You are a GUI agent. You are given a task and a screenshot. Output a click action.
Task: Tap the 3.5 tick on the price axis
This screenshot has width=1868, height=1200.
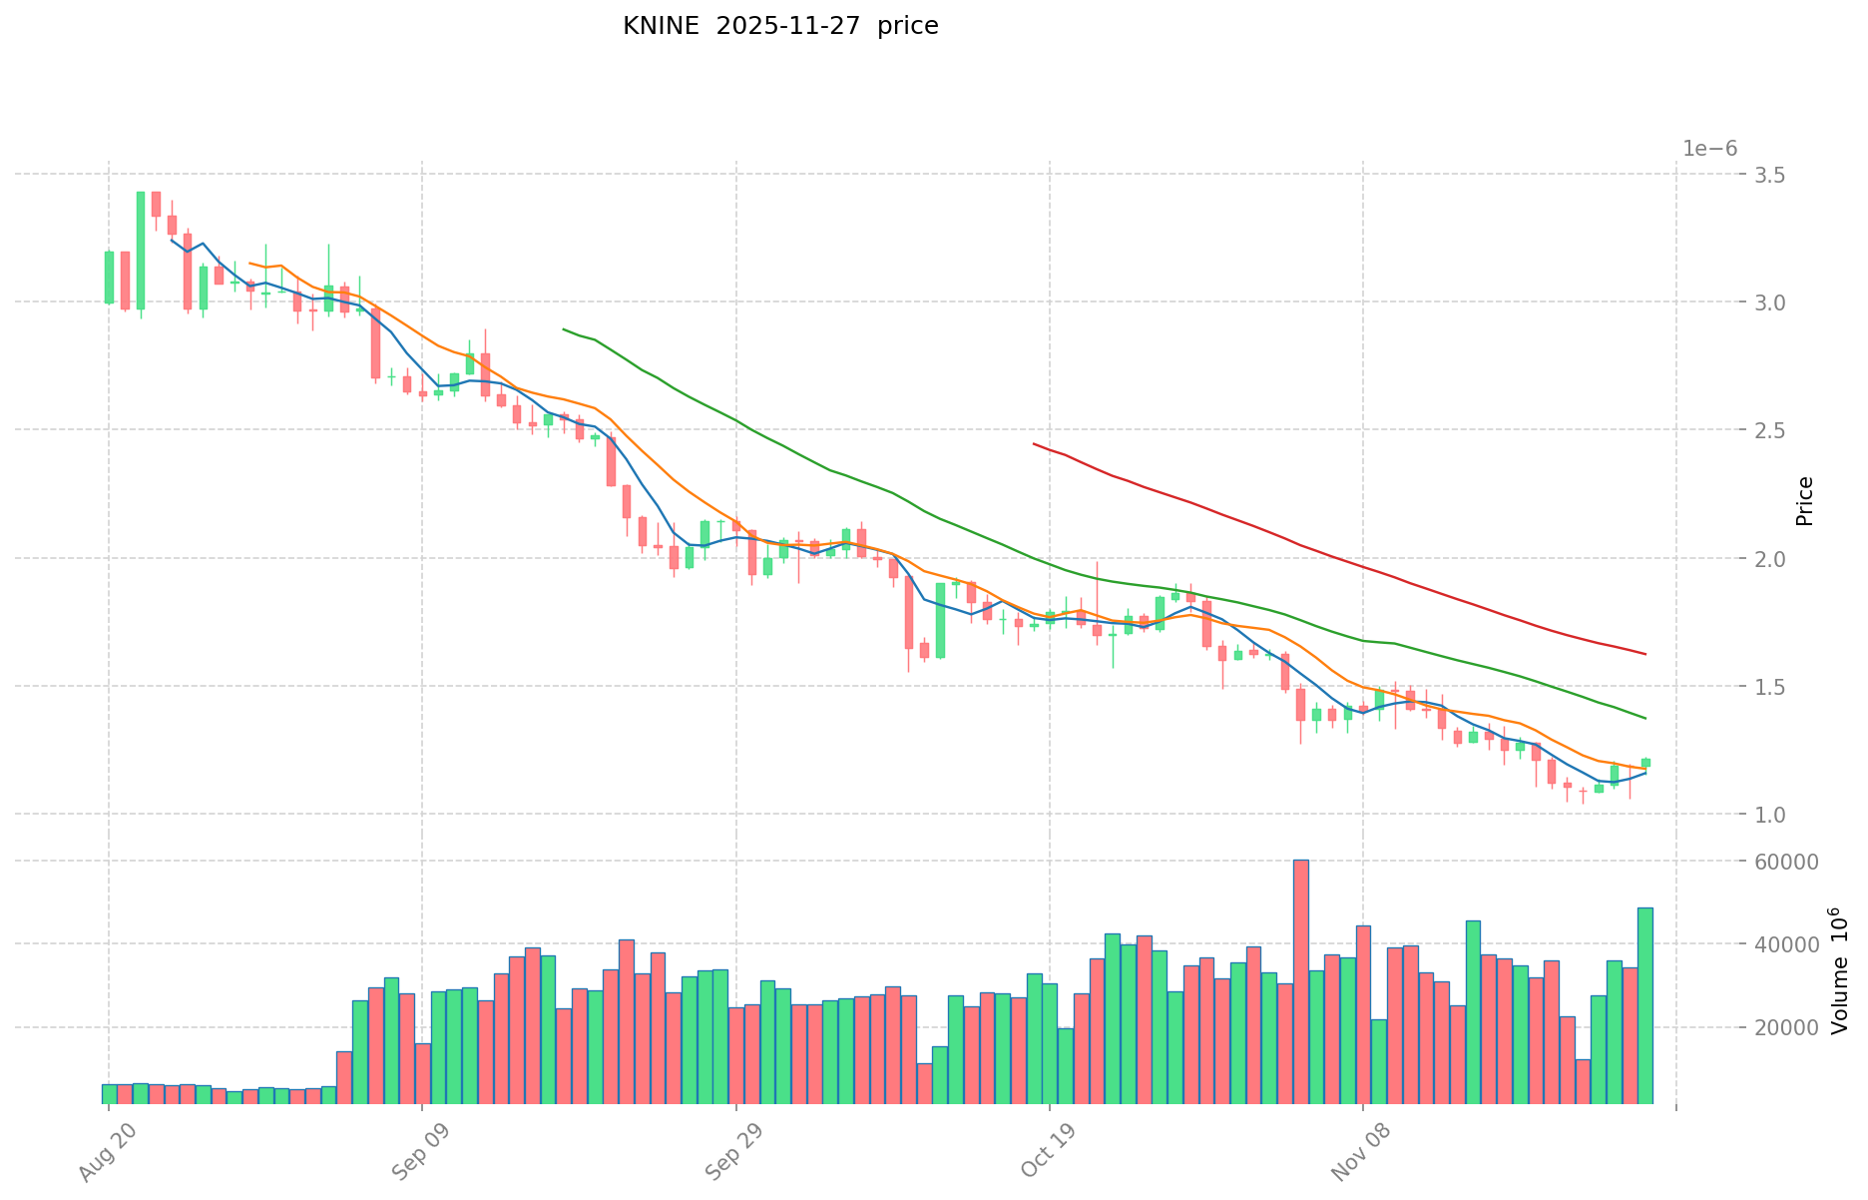coord(1770,175)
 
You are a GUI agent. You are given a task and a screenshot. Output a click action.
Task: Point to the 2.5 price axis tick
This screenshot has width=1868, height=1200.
coord(1770,430)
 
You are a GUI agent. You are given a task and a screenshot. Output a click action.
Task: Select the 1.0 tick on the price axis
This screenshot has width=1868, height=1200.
coord(1770,815)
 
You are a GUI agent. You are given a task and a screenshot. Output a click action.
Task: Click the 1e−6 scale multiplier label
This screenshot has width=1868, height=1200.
coord(1709,149)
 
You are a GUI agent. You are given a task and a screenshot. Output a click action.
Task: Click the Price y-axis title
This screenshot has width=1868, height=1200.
coord(1804,501)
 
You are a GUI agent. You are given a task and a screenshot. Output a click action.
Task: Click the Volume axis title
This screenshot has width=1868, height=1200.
coord(1838,970)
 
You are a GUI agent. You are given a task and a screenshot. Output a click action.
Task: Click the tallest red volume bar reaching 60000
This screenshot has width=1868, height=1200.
coord(1300,978)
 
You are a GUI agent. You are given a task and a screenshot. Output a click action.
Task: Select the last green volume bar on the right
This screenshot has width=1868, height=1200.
coord(1644,1003)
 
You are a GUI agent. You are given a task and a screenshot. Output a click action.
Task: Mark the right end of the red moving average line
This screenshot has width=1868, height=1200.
coord(1644,654)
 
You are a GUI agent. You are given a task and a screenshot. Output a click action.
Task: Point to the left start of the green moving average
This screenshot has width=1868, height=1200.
coord(564,328)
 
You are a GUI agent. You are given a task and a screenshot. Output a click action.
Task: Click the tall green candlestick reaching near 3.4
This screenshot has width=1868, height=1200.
coord(141,250)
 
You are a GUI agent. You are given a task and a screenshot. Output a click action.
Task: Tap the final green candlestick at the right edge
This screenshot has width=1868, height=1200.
coord(1645,763)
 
